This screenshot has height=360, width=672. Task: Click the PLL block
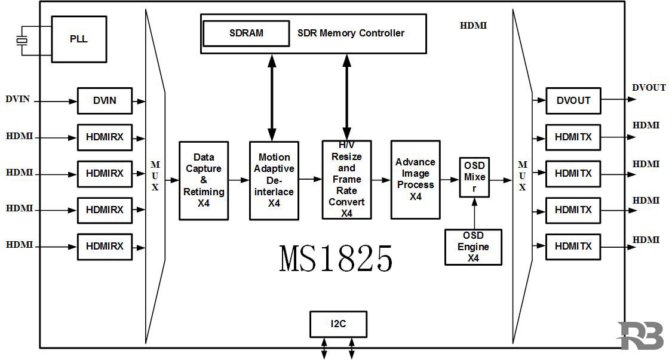[79, 39]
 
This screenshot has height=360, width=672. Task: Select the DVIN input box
[105, 101]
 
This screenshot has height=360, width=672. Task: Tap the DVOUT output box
[573, 101]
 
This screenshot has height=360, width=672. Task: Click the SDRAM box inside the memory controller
[246, 33]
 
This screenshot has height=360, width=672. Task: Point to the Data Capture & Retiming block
[204, 180]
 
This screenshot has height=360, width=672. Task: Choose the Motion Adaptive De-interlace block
[274, 180]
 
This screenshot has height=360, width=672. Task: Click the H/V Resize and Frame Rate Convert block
[346, 180]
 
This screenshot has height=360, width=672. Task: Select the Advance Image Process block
[415, 180]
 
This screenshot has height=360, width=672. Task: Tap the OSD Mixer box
[474, 177]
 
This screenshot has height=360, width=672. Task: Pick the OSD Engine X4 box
[473, 247]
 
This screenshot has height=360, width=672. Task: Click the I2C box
[338, 324]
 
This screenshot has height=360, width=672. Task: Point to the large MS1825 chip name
[336, 259]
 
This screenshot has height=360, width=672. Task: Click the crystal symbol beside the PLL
[22, 41]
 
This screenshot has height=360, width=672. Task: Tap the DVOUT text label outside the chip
[649, 88]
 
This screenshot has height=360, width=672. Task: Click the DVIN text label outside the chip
[17, 99]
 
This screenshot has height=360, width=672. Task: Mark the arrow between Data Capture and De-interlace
[239, 179]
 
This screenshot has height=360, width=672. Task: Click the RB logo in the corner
[640, 336]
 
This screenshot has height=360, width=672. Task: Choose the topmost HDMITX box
[573, 137]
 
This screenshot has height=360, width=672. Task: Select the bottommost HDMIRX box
[105, 247]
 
